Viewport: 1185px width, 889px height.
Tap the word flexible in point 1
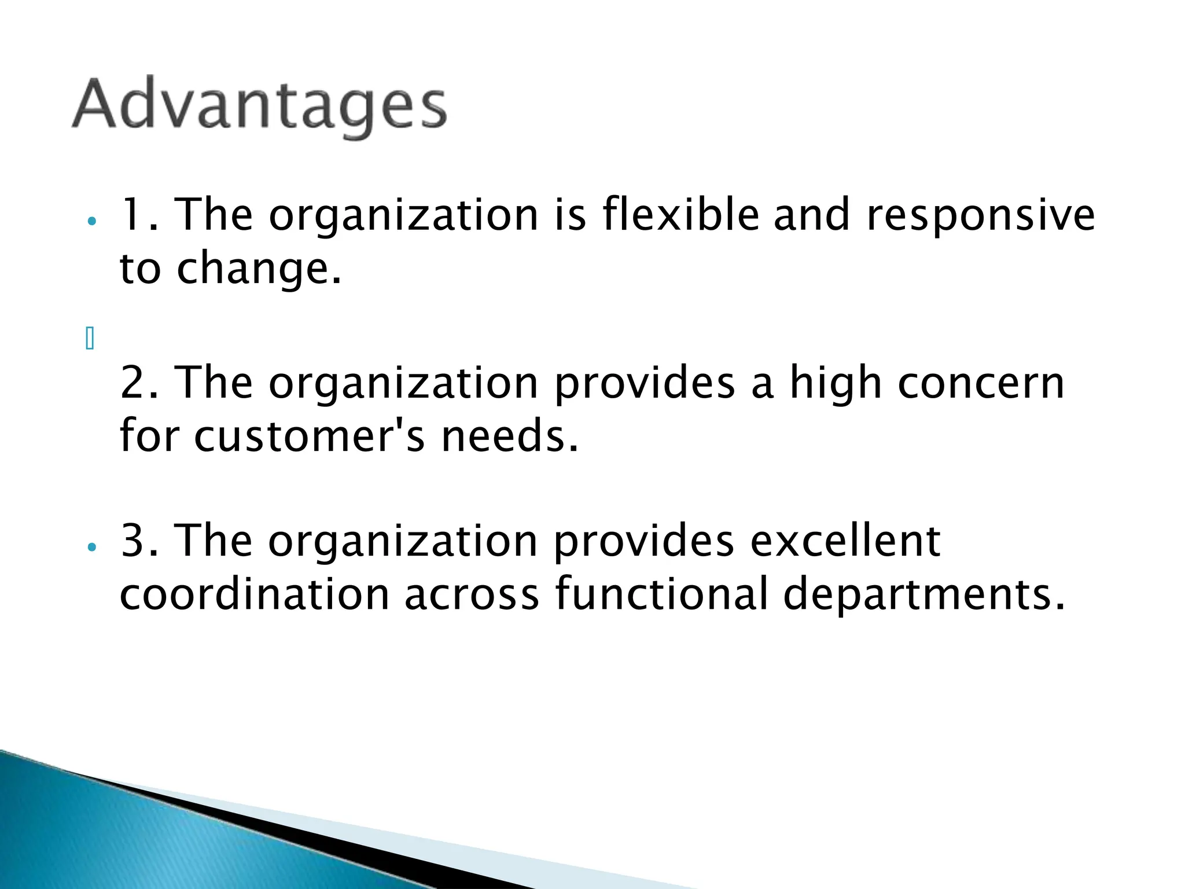click(x=680, y=214)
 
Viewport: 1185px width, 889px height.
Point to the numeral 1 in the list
click(x=131, y=215)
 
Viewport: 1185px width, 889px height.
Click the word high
click(x=836, y=384)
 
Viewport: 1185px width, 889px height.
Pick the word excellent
click(x=845, y=541)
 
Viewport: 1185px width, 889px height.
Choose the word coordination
click(x=255, y=594)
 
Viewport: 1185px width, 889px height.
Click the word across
click(x=472, y=595)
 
